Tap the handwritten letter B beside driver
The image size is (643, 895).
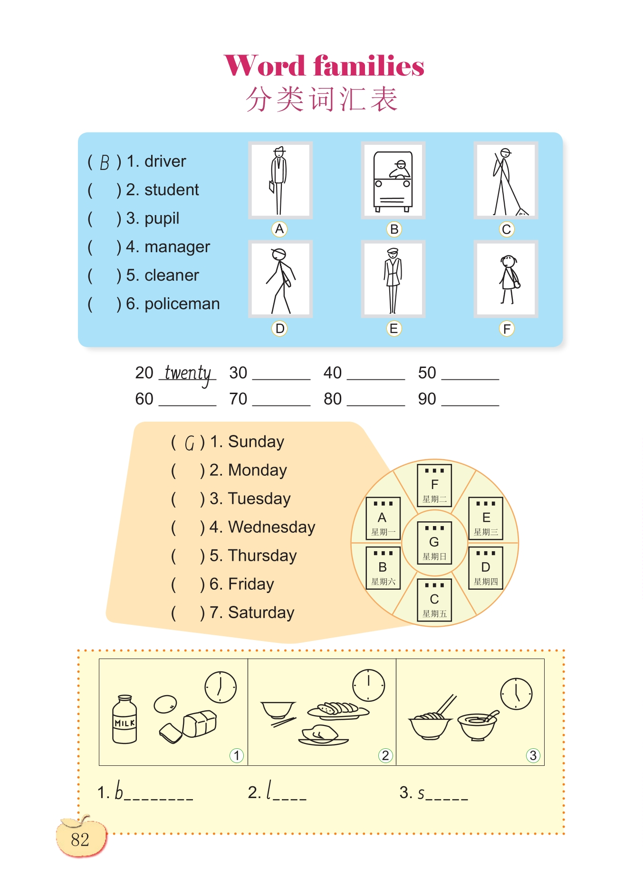(105, 163)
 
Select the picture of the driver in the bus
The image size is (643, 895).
(393, 180)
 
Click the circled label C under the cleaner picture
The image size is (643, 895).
(507, 229)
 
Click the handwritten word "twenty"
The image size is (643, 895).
(188, 374)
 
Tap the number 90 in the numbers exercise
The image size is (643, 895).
(427, 399)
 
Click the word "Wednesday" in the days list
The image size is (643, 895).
(271, 527)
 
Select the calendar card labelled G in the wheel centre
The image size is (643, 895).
(434, 542)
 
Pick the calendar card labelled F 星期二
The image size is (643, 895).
(434, 485)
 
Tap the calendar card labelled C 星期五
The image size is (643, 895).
(434, 600)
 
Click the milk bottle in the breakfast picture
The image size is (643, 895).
(125, 719)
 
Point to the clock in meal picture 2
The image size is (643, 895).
(368, 685)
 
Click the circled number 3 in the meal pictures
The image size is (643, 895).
(533, 755)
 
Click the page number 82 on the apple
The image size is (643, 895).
(80, 839)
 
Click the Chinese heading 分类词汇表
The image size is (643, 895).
(322, 99)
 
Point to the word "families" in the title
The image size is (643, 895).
(369, 66)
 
